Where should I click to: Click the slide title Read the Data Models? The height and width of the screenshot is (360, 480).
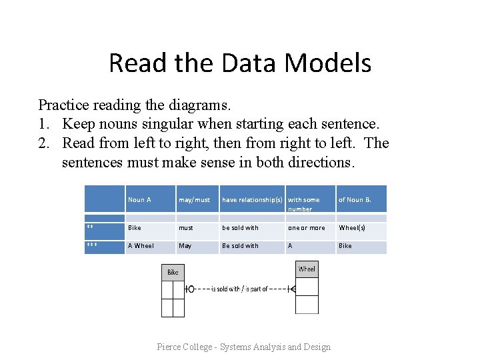(240, 63)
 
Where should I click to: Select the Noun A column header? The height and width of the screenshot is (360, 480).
(139, 199)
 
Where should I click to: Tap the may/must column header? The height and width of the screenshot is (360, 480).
(194, 199)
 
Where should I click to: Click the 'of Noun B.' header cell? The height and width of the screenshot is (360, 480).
(355, 199)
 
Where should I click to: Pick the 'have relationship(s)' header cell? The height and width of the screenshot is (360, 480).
(252, 199)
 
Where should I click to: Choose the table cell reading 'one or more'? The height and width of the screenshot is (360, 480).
(307, 228)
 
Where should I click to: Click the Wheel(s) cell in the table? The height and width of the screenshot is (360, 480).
(352, 228)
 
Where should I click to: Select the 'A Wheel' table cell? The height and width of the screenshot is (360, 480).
(141, 246)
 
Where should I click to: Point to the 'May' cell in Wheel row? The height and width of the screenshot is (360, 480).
(185, 246)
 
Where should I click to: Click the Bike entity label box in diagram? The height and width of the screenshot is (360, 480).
(173, 272)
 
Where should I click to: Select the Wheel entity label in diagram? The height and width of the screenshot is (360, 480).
(307, 269)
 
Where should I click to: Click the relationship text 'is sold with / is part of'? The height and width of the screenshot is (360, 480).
(239, 289)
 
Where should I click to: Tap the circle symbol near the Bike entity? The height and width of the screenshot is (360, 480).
(191, 289)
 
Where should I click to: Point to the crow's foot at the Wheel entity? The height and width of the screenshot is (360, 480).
(291, 289)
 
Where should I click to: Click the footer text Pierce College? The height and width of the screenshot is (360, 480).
(243, 347)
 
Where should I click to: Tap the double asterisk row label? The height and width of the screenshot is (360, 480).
(90, 227)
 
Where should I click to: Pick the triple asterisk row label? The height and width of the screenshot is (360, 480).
(92, 245)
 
